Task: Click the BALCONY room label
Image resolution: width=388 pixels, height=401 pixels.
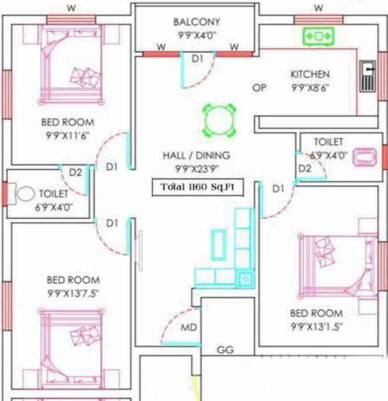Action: click(196, 22)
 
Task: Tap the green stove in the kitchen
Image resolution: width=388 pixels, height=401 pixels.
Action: click(318, 36)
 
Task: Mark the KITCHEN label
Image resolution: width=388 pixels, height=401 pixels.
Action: click(309, 74)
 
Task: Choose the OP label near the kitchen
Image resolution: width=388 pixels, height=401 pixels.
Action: click(259, 88)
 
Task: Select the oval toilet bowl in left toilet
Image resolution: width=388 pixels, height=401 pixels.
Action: click(26, 194)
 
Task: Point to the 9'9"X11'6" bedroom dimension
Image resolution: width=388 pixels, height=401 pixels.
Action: click(67, 136)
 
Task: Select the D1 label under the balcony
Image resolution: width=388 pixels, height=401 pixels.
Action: click(197, 59)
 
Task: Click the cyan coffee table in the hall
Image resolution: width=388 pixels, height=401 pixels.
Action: click(218, 245)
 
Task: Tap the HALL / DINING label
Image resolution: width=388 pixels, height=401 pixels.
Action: click(196, 155)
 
